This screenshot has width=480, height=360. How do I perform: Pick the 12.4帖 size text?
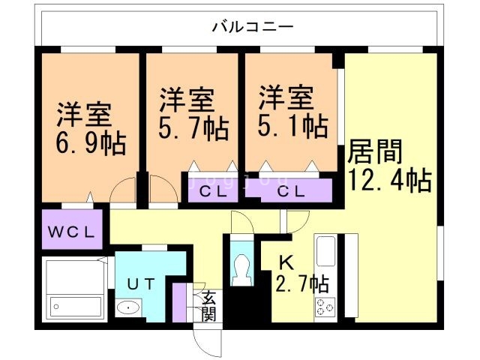388,181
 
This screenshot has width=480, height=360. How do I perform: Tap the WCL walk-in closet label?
72,232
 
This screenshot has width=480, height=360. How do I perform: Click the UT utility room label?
142,284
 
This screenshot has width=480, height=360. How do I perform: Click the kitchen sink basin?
325,251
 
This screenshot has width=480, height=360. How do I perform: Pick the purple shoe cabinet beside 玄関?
180,302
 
